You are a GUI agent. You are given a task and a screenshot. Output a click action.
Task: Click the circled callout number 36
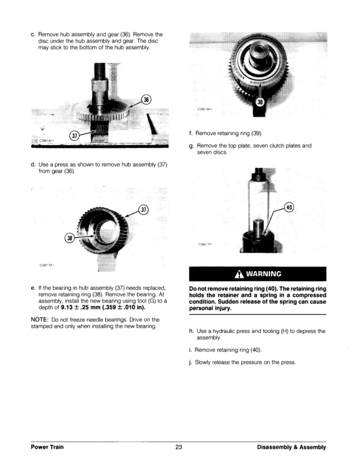point(146,99)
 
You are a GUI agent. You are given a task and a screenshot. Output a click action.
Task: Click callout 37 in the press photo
point(74,136)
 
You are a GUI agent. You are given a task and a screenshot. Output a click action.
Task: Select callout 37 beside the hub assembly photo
point(145,211)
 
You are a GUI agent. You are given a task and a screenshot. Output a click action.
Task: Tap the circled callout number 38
point(71,238)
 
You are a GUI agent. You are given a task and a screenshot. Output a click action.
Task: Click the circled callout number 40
point(288,207)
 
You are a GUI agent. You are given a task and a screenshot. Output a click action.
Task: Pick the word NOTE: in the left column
point(40,319)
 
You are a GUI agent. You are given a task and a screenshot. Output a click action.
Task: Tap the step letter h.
point(191,331)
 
